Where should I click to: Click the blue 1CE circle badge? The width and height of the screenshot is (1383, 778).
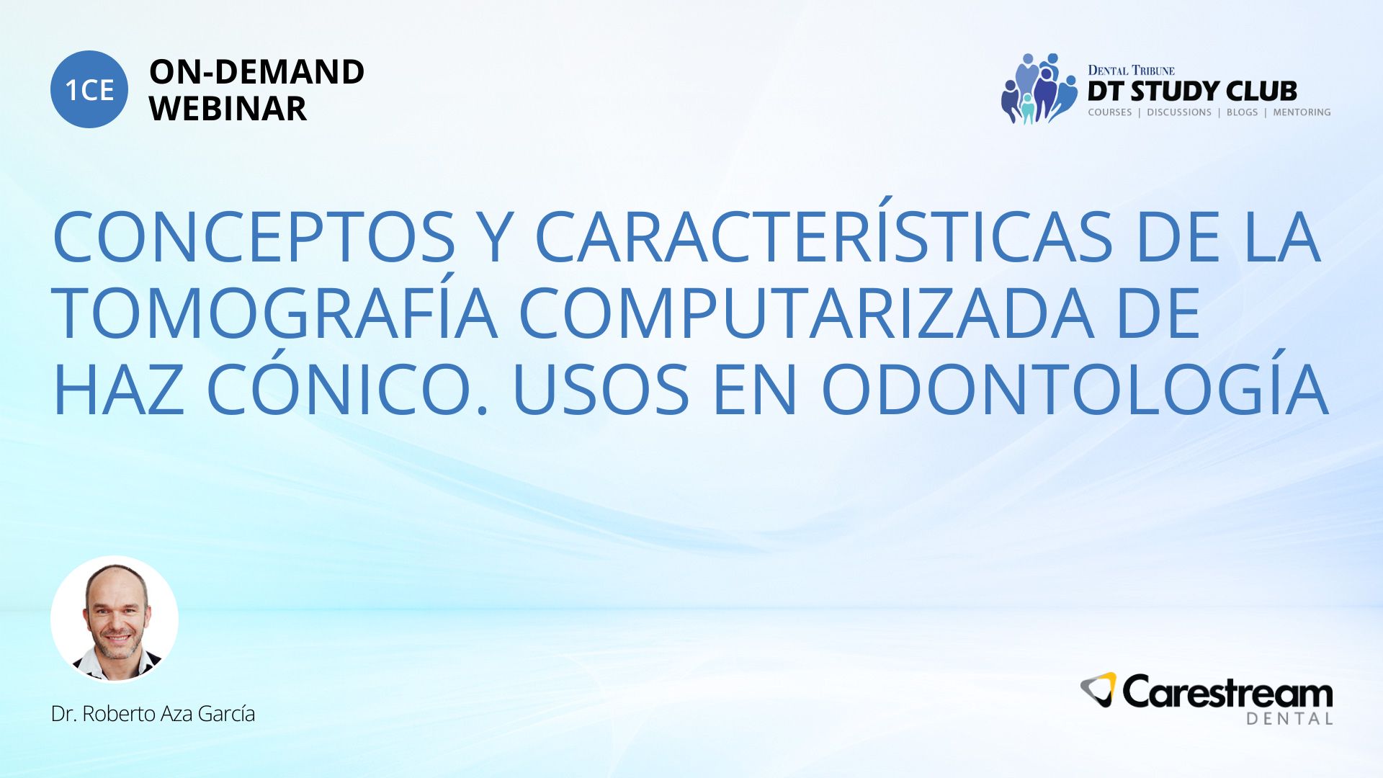89,89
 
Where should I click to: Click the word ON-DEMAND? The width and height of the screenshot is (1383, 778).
256,72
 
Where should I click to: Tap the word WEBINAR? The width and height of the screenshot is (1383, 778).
228,109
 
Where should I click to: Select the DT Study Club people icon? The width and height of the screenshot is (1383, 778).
1039,89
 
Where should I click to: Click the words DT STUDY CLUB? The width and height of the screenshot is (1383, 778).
1192,91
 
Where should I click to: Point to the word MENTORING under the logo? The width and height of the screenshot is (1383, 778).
1302,112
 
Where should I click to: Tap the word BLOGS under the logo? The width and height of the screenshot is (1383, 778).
1242,112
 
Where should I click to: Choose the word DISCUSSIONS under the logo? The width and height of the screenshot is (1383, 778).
1179,112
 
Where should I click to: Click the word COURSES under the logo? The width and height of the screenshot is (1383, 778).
1110,112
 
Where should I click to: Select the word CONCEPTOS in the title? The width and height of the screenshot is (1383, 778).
254,237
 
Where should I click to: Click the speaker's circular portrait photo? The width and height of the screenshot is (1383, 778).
115,619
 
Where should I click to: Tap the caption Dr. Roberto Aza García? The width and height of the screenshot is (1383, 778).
153,714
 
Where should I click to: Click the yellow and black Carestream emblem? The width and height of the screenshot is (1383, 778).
1098,689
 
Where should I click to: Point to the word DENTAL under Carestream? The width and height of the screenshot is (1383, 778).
1289,719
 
